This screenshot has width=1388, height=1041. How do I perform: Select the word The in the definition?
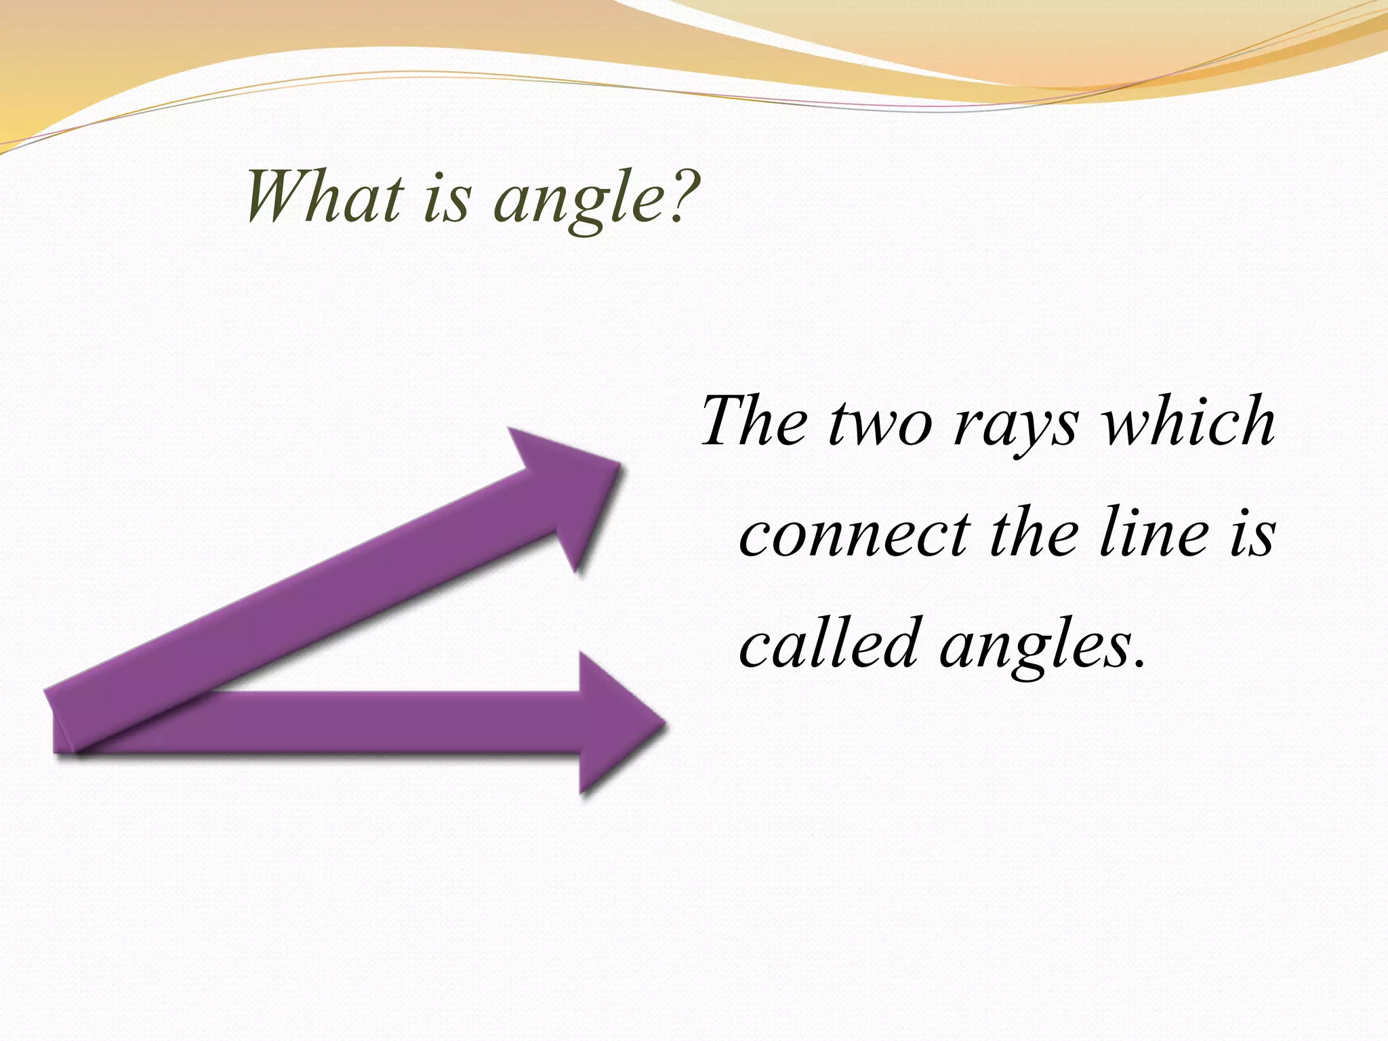click(x=754, y=421)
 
